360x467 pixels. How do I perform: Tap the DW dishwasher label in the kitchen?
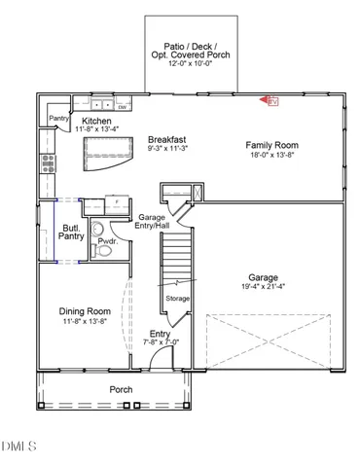(x=123, y=107)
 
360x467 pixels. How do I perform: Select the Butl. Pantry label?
(x=71, y=231)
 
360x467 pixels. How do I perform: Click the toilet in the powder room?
(x=107, y=250)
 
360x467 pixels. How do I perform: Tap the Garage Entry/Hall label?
(x=153, y=221)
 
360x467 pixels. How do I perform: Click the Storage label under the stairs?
(x=177, y=298)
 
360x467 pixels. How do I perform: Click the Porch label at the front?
(x=122, y=389)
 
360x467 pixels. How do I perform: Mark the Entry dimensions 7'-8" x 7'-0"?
(x=160, y=342)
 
